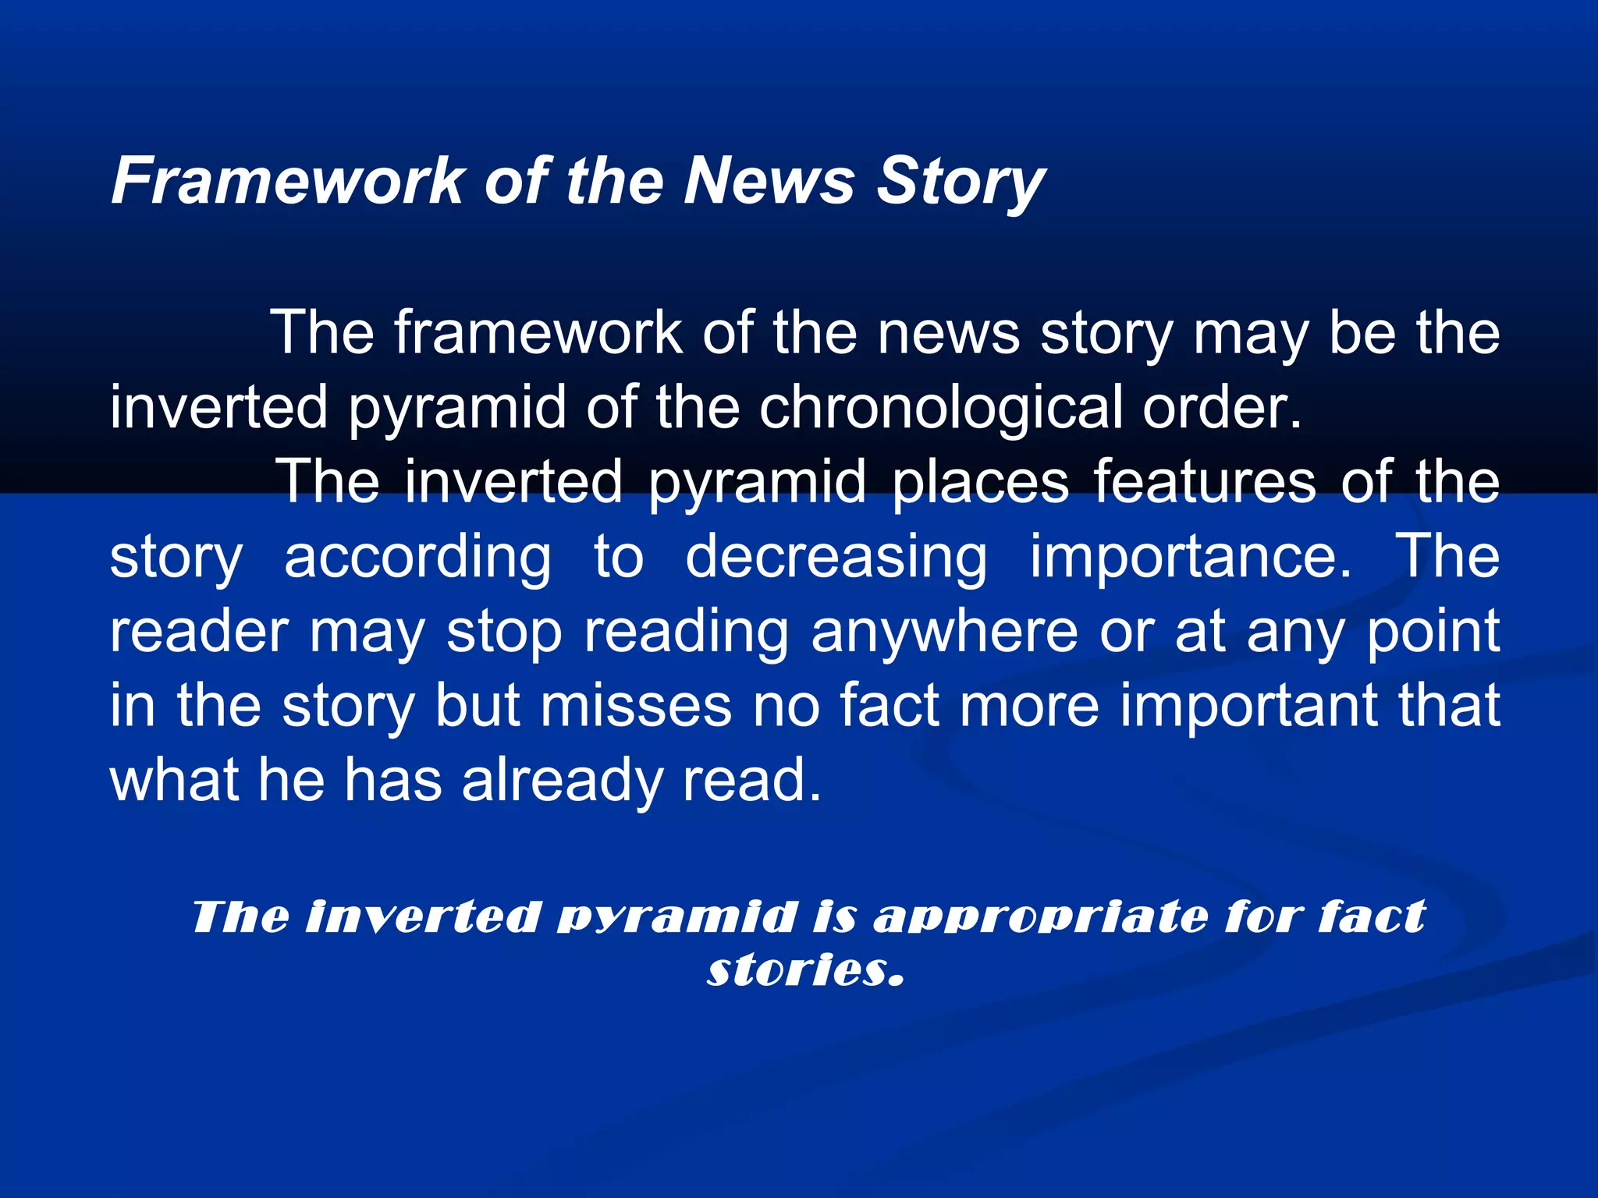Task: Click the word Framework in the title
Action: tap(288, 181)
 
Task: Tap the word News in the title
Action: tap(769, 181)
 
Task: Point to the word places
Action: tap(980, 482)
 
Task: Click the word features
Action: tap(1205, 482)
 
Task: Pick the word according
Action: tap(417, 557)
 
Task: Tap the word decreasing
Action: tap(836, 557)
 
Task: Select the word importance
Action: tap(1191, 557)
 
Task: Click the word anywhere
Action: tap(944, 631)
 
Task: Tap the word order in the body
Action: tap(1222, 407)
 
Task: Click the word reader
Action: tap(199, 631)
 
